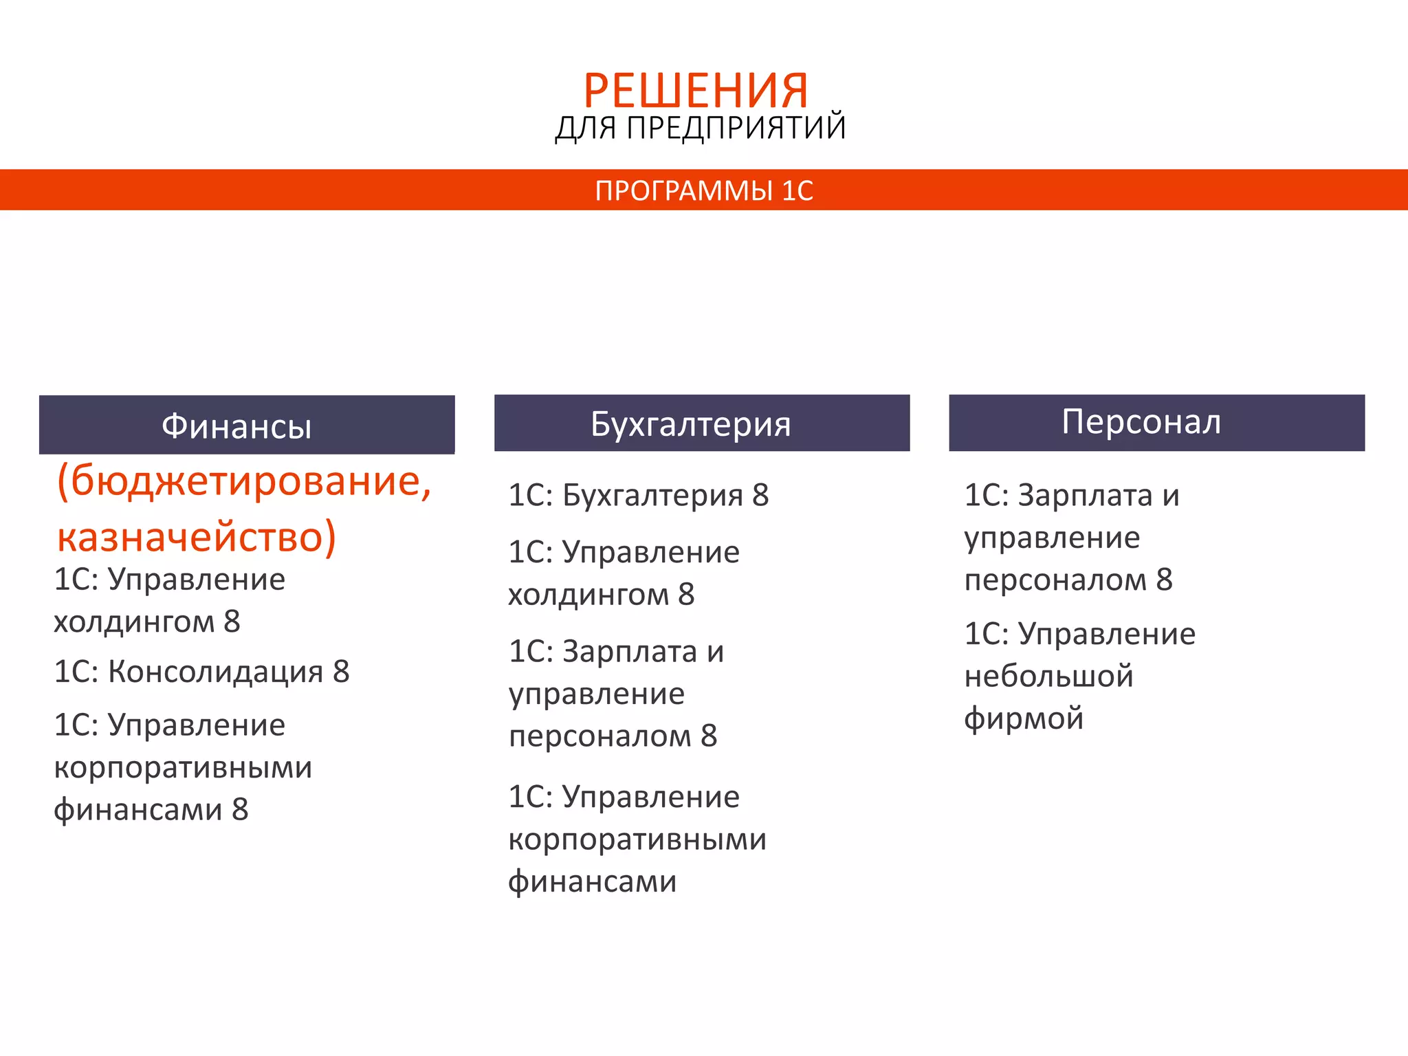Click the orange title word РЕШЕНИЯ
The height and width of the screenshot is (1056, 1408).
pos(696,91)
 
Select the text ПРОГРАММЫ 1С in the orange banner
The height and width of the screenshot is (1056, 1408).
pos(704,190)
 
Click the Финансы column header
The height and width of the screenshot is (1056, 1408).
pos(236,426)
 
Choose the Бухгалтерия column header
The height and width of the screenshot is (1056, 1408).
pos(690,423)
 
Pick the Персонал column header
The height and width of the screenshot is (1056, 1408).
pos(1141,421)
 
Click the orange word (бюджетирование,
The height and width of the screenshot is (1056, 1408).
pos(244,481)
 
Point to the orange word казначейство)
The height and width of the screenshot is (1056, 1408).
pos(197,537)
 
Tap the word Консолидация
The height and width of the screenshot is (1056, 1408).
pos(215,672)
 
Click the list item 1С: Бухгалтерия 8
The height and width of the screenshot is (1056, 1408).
pos(638,495)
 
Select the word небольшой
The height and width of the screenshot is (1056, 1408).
pos(1048,676)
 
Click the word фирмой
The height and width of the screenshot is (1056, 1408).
pos(1024,718)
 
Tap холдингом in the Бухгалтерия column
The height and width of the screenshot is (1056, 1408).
pos(588,595)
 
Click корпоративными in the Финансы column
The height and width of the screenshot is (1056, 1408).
pos(183,768)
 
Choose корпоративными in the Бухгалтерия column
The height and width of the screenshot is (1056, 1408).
pos(637,839)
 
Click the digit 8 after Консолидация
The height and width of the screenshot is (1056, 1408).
pos(341,672)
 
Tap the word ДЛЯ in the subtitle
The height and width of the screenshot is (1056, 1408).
pos(585,129)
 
